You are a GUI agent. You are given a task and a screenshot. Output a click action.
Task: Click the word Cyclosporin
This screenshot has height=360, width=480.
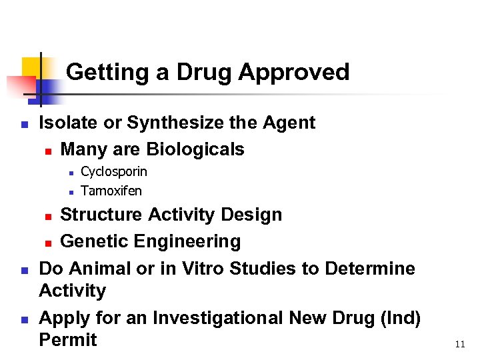(x=113, y=172)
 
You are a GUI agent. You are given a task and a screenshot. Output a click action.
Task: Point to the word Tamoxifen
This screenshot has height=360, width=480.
(x=111, y=191)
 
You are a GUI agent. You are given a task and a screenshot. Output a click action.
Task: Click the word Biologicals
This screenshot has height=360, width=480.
(x=195, y=149)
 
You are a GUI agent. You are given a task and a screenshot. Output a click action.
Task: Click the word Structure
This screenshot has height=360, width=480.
(x=100, y=215)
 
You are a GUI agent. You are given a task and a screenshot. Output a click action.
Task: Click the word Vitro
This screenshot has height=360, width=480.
(x=198, y=269)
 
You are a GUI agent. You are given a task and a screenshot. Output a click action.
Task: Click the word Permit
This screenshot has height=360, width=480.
(x=68, y=340)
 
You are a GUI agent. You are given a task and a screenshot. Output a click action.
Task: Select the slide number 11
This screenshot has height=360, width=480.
(x=459, y=345)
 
